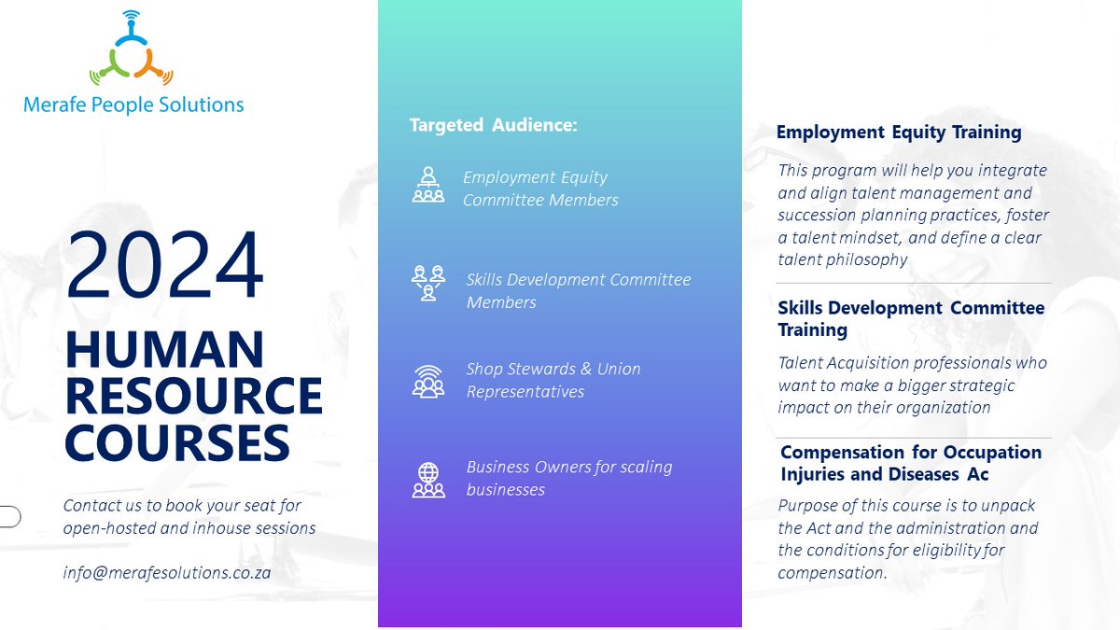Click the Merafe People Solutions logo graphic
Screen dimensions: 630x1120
[x=132, y=51]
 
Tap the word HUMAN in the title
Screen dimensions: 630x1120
[x=164, y=350]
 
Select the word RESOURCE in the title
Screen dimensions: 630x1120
[x=193, y=395]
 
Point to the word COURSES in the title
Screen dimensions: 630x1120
[x=176, y=441]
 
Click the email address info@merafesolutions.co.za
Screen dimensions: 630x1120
[x=167, y=572]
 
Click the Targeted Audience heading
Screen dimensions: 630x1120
[x=494, y=125]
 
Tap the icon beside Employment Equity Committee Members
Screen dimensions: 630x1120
[x=428, y=185]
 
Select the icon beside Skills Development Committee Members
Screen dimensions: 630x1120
[x=428, y=283]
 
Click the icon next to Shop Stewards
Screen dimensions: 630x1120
[x=428, y=380]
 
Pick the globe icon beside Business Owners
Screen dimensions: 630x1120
[x=428, y=478]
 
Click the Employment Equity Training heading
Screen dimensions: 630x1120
[x=899, y=133]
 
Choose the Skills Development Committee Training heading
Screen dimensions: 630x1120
[x=911, y=318]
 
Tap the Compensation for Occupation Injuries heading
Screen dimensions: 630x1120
[x=911, y=463]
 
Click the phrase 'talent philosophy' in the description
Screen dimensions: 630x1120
[x=843, y=259]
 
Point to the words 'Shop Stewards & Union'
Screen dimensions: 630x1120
[x=553, y=369]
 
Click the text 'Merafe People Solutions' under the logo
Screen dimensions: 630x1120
[x=133, y=105]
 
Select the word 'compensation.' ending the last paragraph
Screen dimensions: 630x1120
[x=833, y=572]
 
